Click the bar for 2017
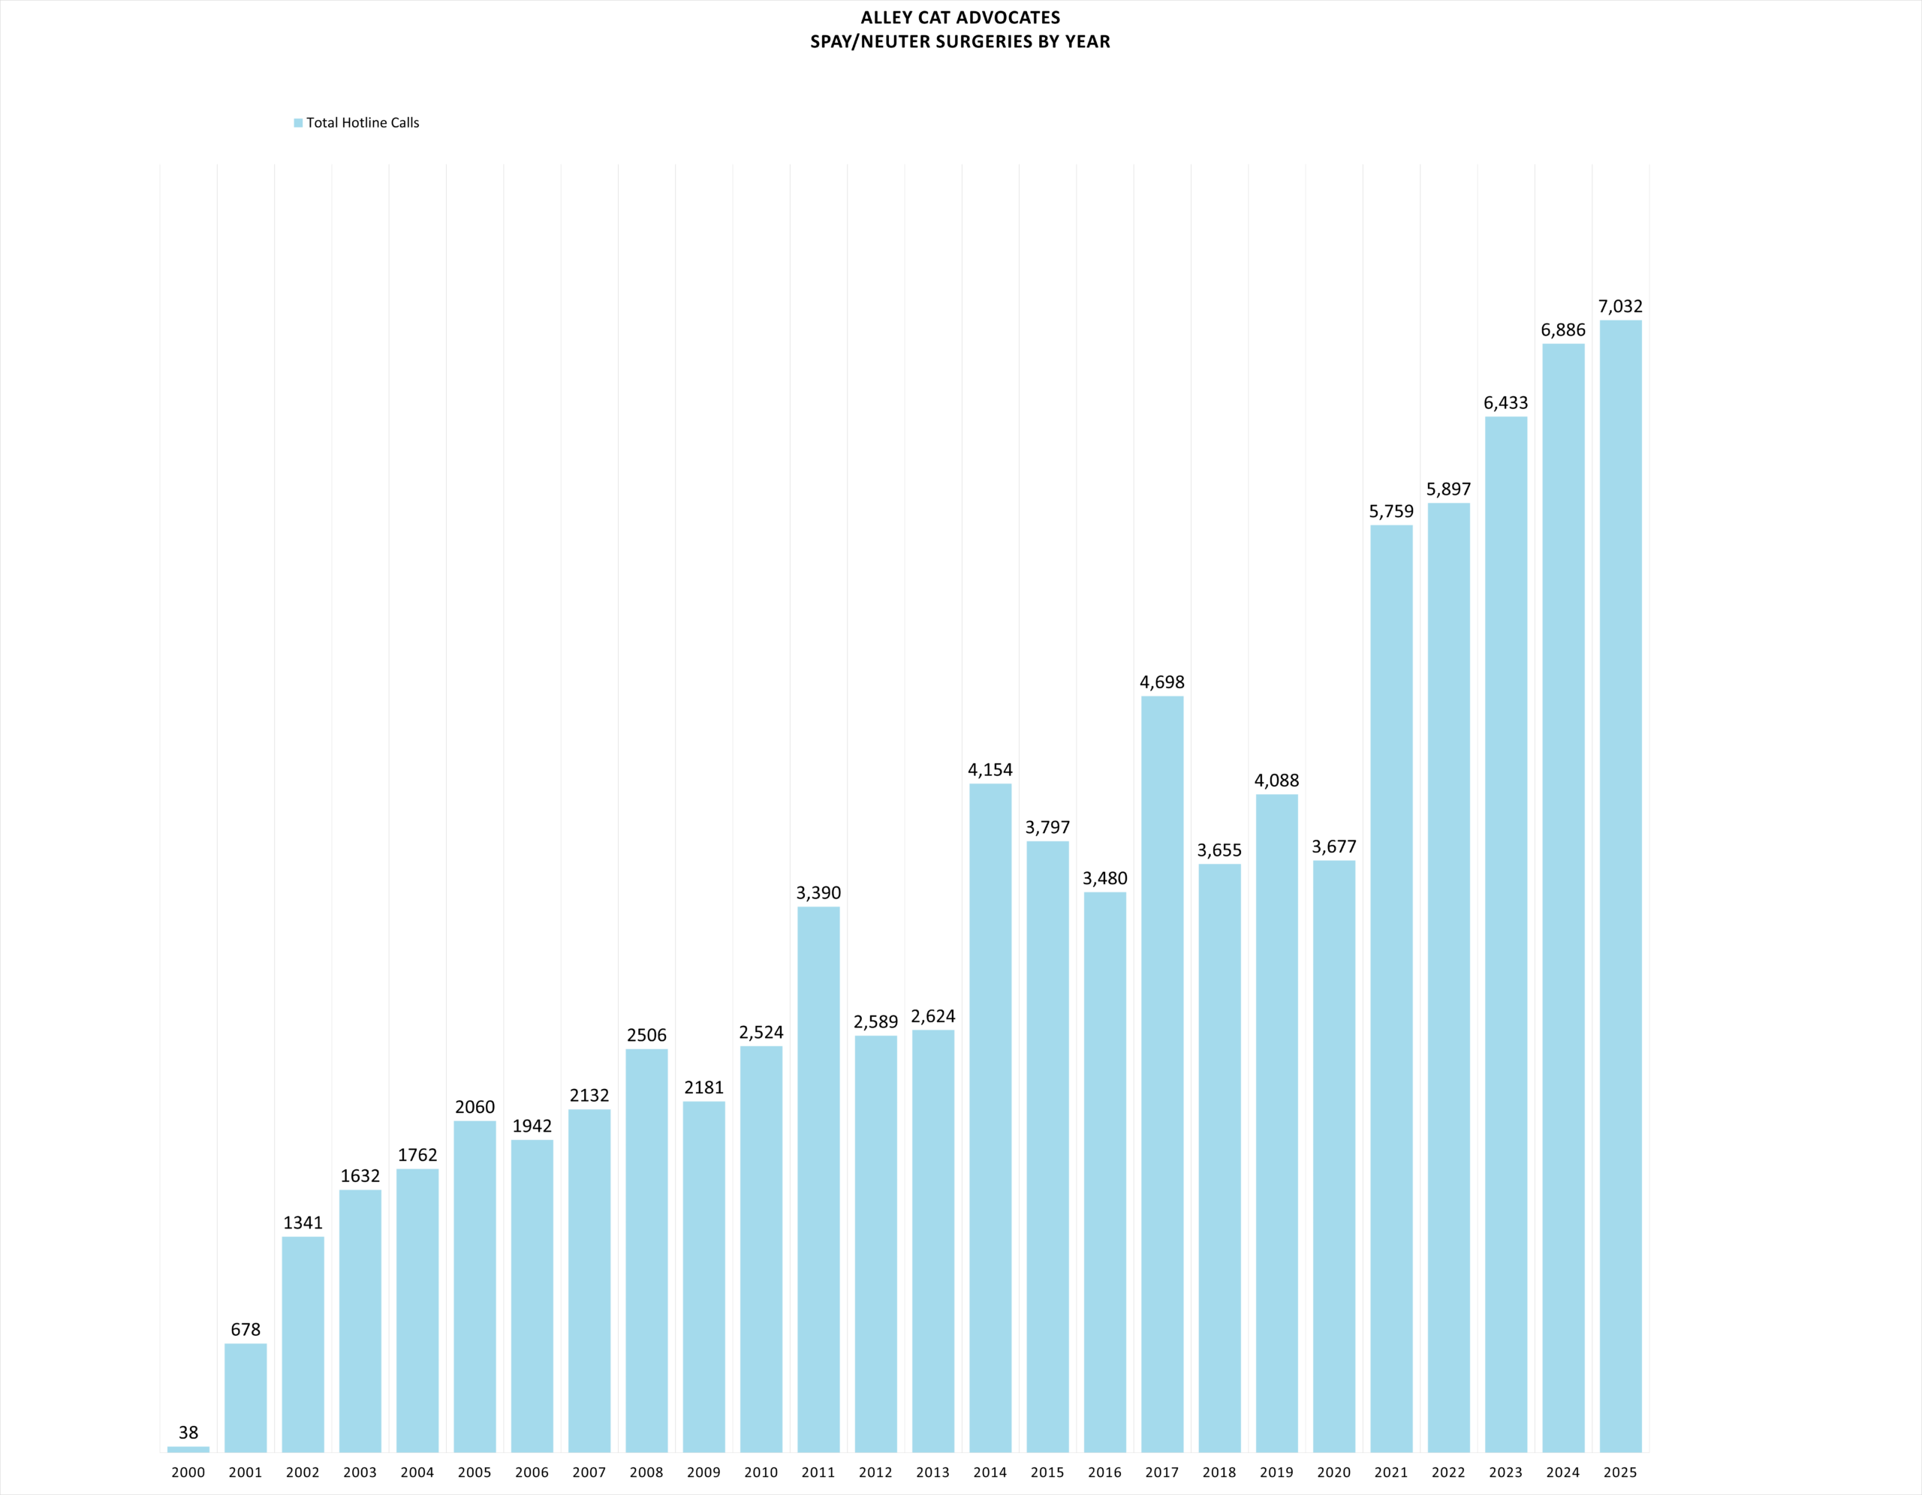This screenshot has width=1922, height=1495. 1161,1073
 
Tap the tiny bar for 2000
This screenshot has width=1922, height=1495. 188,1449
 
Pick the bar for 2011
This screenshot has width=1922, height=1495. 818,1179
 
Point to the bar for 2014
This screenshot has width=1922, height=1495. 990,1117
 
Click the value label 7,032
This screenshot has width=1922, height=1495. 1620,306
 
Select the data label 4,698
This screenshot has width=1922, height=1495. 1161,682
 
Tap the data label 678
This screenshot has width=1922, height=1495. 246,1330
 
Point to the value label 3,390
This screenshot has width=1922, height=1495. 818,893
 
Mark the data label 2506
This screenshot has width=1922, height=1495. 647,1036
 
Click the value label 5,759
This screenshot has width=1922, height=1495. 1391,511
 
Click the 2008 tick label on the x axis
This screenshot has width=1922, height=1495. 647,1472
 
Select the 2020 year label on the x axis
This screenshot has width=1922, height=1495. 1334,1472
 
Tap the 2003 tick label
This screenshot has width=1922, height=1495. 360,1472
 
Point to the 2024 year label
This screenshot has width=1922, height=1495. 1563,1472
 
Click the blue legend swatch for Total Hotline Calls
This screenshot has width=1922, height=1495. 298,123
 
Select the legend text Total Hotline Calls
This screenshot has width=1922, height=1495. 363,123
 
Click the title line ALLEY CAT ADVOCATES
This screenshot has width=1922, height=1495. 960,17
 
